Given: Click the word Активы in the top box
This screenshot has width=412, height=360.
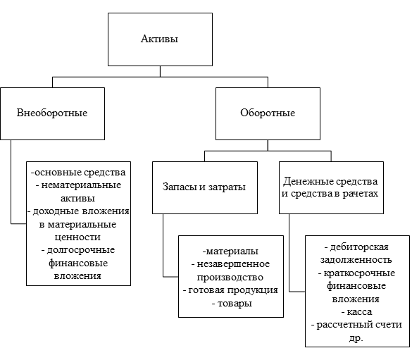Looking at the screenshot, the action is coord(159,39).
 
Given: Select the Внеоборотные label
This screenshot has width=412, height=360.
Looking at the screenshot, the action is coord(52,113).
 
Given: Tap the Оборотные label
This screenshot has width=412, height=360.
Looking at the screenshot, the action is coord(268,113).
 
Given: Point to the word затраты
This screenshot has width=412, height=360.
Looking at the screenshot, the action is coord(227,187).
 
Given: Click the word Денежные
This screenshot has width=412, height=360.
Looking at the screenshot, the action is coord(308,181).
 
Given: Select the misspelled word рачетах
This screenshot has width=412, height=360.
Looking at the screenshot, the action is coord(361,194).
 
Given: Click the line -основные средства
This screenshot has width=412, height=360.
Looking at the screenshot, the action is coord(78,173).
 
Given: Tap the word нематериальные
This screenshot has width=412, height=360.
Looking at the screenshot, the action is coord(81,185).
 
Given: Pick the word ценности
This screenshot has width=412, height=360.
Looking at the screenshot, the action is coord(77,237).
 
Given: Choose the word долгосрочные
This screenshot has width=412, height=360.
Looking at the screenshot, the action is coord(81,250).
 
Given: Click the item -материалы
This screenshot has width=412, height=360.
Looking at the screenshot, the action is coord(230,252).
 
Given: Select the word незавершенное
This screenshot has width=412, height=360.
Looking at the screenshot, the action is coord(233,263).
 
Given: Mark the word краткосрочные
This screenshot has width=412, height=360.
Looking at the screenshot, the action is coord(359,273).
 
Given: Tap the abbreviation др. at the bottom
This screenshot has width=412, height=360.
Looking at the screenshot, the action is coord(356,338).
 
